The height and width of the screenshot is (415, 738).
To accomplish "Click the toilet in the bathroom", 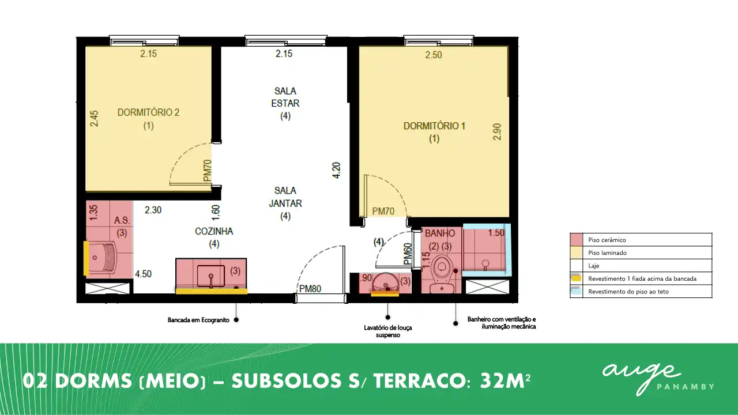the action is point(442,274).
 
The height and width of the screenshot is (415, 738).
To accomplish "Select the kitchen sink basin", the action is point(211,276).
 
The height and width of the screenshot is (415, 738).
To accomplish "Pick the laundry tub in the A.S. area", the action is point(100,257).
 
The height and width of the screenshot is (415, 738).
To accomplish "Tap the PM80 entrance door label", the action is point(310,289).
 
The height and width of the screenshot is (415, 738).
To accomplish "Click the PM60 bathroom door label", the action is point(408,254).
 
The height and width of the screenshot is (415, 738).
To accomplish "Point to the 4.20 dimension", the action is point(336,170).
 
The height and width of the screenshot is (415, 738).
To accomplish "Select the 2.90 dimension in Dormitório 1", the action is point(497,132).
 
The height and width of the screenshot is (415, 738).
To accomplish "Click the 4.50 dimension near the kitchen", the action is point(144,274).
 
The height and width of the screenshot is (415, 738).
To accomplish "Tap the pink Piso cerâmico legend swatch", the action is point(577,240).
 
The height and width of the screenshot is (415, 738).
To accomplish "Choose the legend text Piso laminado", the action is point(608,253).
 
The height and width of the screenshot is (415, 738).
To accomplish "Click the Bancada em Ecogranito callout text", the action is point(198,320).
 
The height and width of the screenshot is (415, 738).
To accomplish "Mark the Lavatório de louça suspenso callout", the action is point(388,331).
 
